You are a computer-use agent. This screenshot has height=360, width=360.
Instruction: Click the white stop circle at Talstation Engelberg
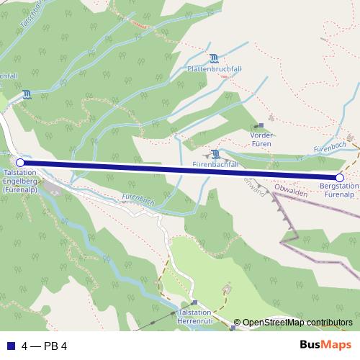click(20, 163)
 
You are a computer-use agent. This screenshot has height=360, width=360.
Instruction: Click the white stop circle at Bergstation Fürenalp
click(340, 177)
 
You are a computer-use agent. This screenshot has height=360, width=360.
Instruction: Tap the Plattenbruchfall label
click(211, 68)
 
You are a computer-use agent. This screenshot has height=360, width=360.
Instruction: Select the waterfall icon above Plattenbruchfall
click(213, 58)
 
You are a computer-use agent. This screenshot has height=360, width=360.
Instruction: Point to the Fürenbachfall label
click(215, 165)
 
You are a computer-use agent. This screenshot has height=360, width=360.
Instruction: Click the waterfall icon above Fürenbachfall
click(214, 153)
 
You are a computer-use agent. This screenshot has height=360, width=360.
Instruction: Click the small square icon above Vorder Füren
click(261, 125)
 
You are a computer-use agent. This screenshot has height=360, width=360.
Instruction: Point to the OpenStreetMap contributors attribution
click(297, 323)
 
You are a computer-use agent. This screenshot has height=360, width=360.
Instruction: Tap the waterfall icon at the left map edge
click(27, 94)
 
